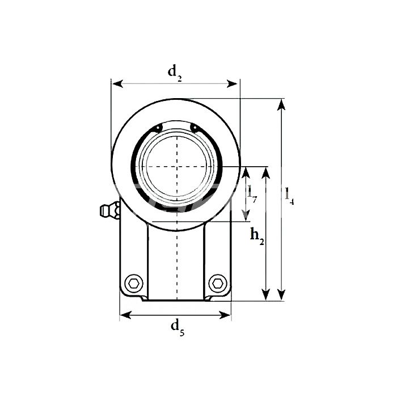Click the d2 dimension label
175,73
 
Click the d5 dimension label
178,328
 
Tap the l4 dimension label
289,196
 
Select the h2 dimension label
257,236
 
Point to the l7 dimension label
252,195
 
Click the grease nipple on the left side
109,210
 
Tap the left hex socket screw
134,283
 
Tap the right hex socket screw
217,283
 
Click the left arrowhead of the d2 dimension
118,84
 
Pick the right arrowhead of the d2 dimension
232,84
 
